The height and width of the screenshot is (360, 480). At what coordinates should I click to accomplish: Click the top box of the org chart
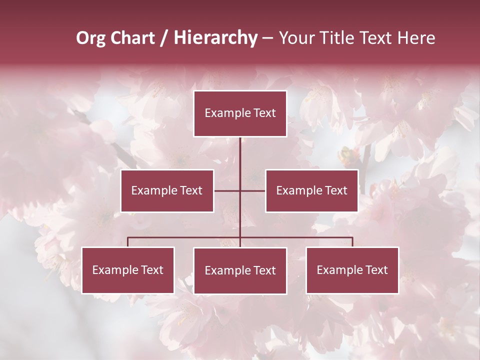click(x=240, y=113)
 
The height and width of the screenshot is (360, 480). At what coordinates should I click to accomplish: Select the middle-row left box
click(x=167, y=190)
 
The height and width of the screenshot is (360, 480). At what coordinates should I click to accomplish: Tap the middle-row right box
click(x=311, y=190)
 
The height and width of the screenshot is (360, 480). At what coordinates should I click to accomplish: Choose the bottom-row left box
click(x=128, y=270)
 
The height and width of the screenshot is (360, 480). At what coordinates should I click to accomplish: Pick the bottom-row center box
click(x=240, y=270)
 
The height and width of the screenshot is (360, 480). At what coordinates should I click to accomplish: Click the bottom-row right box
click(x=352, y=270)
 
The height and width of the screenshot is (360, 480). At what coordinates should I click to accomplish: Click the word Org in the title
click(x=90, y=38)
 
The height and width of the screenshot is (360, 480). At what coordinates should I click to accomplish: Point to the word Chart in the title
click(x=132, y=38)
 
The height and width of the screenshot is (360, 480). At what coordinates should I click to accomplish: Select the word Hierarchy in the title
click(x=215, y=38)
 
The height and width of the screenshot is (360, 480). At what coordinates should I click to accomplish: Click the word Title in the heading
click(x=338, y=38)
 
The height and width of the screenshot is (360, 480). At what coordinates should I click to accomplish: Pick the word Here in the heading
click(x=416, y=38)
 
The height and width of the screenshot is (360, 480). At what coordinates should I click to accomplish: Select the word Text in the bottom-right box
click(x=376, y=270)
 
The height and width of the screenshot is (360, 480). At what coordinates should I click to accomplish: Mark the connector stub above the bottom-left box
click(x=128, y=242)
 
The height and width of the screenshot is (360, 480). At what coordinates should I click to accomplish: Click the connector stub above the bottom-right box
click(x=352, y=242)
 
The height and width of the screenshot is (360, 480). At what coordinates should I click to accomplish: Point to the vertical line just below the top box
click(x=240, y=150)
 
